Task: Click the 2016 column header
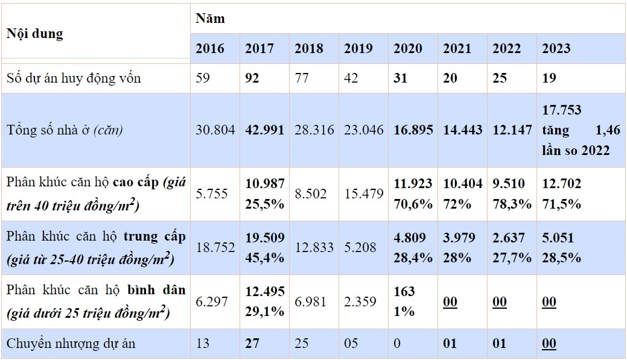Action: click(209, 49)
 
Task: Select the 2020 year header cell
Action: click(408, 49)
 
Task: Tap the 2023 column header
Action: click(556, 49)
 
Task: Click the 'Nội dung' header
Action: click(34, 34)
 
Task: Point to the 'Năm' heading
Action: click(210, 18)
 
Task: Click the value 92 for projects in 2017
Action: click(252, 78)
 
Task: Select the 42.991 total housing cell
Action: click(264, 130)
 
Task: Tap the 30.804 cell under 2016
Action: click(215, 130)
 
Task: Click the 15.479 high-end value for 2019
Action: click(364, 193)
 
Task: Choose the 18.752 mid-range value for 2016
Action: click(215, 247)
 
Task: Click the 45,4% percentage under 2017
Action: click(264, 258)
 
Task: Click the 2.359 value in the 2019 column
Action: click(360, 302)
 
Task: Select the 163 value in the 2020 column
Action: click(404, 292)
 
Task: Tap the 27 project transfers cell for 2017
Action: click(252, 344)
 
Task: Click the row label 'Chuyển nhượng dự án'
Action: click(71, 344)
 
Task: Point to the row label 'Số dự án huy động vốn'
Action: click(74, 78)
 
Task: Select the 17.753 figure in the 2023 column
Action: click(562, 110)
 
